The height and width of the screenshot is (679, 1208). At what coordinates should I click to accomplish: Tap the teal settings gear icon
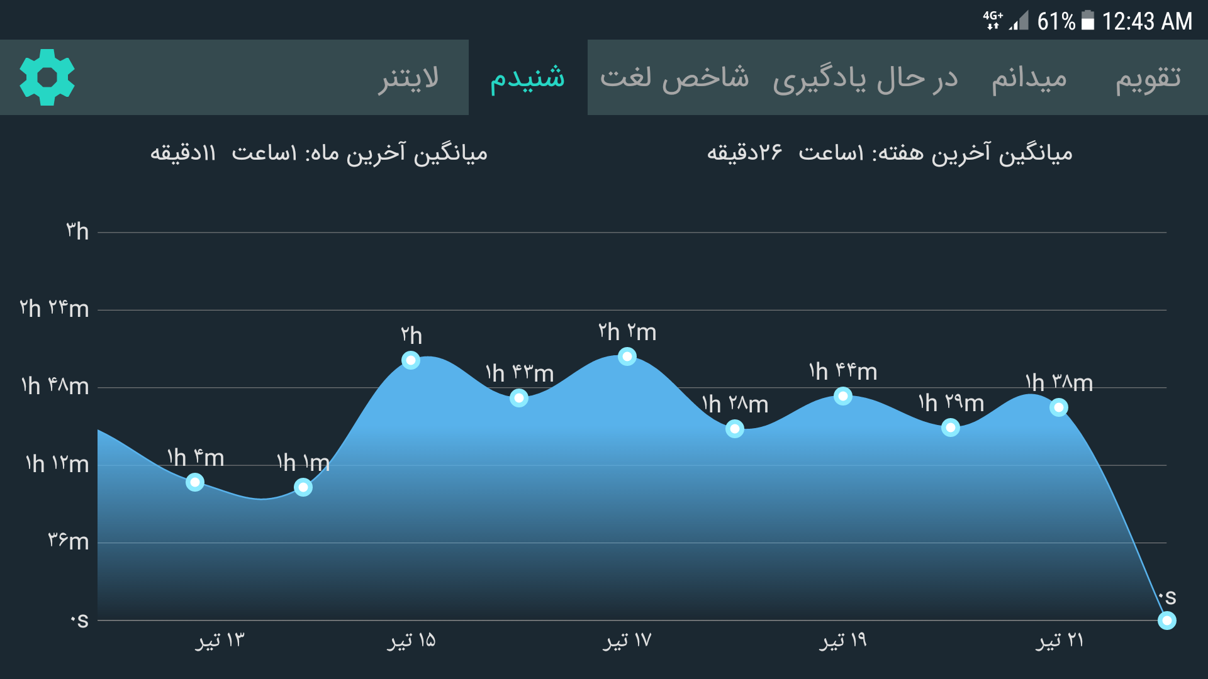(47, 77)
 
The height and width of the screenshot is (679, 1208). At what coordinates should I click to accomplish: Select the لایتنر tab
(408, 78)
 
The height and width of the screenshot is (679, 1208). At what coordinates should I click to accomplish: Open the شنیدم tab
(527, 78)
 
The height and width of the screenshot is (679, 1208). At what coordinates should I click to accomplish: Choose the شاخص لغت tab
(674, 78)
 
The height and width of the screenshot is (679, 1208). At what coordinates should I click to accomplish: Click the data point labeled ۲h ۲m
(627, 356)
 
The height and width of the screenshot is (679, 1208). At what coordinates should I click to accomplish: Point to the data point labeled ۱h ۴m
(195, 482)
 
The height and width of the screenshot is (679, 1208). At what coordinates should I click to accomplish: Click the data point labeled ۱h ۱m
(303, 487)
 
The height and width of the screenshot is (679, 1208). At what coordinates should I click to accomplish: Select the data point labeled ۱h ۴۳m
(519, 398)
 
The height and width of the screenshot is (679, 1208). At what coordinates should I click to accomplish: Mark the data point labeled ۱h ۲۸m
(735, 429)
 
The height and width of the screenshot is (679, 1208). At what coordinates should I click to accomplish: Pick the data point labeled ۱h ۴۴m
(843, 396)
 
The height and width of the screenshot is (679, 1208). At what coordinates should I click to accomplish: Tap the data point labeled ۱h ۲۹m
(951, 428)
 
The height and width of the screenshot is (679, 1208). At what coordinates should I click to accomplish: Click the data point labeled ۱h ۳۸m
(1059, 408)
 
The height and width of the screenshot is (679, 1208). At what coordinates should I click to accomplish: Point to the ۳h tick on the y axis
(77, 231)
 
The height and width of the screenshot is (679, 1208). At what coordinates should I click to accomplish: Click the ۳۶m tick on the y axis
(69, 541)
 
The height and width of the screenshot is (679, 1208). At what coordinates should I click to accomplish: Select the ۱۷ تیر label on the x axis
(627, 641)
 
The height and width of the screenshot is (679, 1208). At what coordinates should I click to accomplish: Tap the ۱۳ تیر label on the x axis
(220, 641)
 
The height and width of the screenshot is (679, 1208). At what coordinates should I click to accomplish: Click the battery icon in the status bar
(1088, 21)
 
